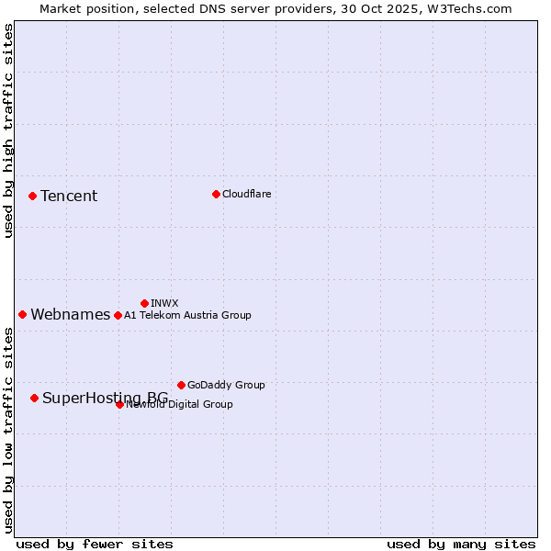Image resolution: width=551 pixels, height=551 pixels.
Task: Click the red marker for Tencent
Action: (x=32, y=196)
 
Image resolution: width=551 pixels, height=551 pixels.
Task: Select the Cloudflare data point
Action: (x=216, y=194)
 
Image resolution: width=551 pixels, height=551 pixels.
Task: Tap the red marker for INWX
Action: (x=144, y=303)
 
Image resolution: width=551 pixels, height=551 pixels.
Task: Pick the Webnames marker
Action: (x=22, y=314)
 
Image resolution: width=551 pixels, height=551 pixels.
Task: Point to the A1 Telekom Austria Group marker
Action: (x=118, y=315)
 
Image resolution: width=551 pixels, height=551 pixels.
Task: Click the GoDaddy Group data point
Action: (x=181, y=385)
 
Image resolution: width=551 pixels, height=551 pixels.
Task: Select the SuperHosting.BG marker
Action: (x=34, y=398)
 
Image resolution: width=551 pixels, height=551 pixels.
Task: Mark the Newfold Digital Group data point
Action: (x=119, y=404)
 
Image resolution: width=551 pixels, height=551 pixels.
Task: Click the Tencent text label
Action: (x=69, y=196)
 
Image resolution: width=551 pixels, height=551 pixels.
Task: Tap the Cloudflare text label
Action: (x=247, y=194)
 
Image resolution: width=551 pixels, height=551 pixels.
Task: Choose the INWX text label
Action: (x=164, y=303)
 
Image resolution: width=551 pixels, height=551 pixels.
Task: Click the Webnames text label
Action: (x=71, y=314)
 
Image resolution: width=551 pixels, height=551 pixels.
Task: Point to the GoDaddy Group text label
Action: (x=226, y=385)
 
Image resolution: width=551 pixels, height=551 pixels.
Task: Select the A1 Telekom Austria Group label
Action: (x=187, y=315)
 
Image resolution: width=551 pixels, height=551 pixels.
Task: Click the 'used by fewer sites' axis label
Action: (x=95, y=544)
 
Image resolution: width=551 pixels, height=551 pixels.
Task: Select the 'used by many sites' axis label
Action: (x=461, y=544)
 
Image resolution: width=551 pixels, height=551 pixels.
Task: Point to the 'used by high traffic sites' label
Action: (x=9, y=130)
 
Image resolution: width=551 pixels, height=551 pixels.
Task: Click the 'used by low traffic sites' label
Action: (x=9, y=430)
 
